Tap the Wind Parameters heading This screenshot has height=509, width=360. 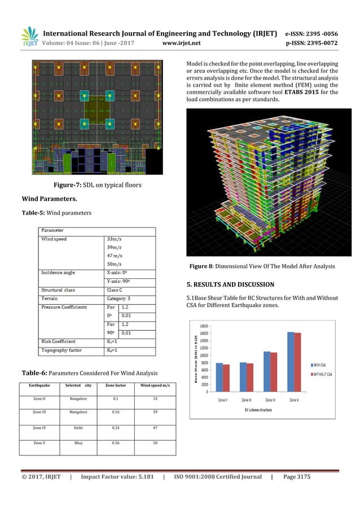coord(50,199)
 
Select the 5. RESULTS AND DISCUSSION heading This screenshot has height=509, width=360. coord(230,284)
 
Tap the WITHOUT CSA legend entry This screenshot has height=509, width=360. coord(321,374)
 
